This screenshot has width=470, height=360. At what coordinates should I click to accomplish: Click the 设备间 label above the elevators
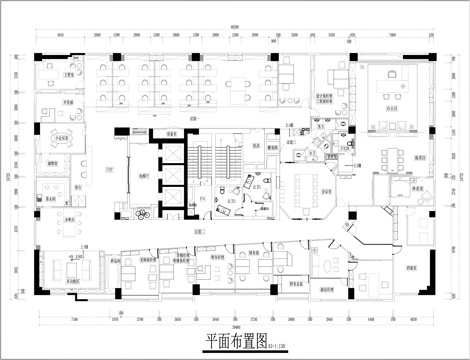(x=172, y=134)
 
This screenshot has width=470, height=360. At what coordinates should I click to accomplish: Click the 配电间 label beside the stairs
(x=272, y=146)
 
